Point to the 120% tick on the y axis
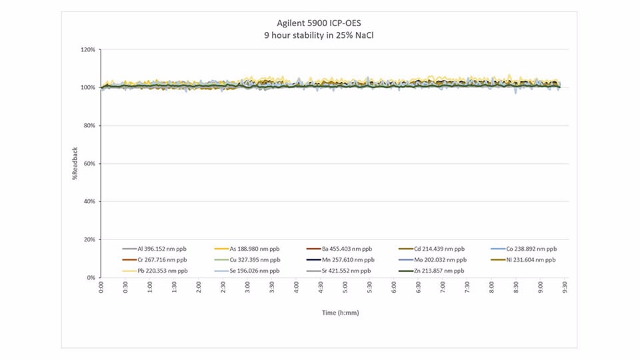[x=88, y=50]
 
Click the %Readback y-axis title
[x=75, y=163]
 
